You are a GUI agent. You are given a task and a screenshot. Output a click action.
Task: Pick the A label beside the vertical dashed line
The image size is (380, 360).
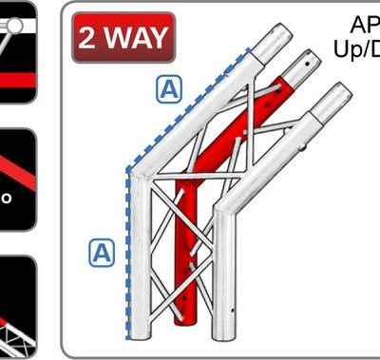point(102,253)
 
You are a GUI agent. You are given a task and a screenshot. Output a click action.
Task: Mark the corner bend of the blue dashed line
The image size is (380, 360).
point(126,174)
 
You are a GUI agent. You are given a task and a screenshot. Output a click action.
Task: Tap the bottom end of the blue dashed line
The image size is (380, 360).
point(126,338)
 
